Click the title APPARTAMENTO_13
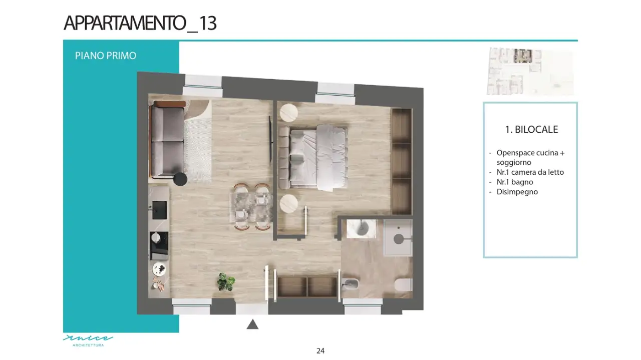140,24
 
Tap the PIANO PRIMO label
106,56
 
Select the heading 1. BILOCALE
531,129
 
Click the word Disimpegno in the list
517,192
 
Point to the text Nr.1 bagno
515,182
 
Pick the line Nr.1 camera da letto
530,172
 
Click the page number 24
320,351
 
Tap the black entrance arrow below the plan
252,324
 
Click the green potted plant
226,282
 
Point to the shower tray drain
399,239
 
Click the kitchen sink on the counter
160,210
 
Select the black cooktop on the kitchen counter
159,245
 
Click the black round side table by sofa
180,179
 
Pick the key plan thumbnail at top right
530,71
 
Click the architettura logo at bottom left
88,340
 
